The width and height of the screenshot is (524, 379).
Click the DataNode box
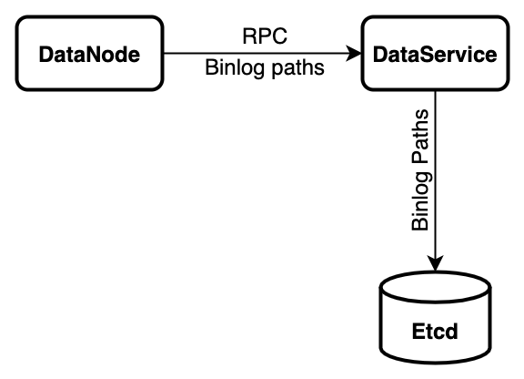coord(89,55)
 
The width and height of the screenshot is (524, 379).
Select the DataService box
coord(436,55)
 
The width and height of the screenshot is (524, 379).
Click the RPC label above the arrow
coord(265,36)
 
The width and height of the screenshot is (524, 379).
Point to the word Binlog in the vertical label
coord(419,200)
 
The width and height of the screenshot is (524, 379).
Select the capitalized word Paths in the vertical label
coord(419,138)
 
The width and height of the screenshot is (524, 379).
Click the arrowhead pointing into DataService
coord(355,55)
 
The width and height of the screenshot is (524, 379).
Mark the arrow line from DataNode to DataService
coord(255,55)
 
